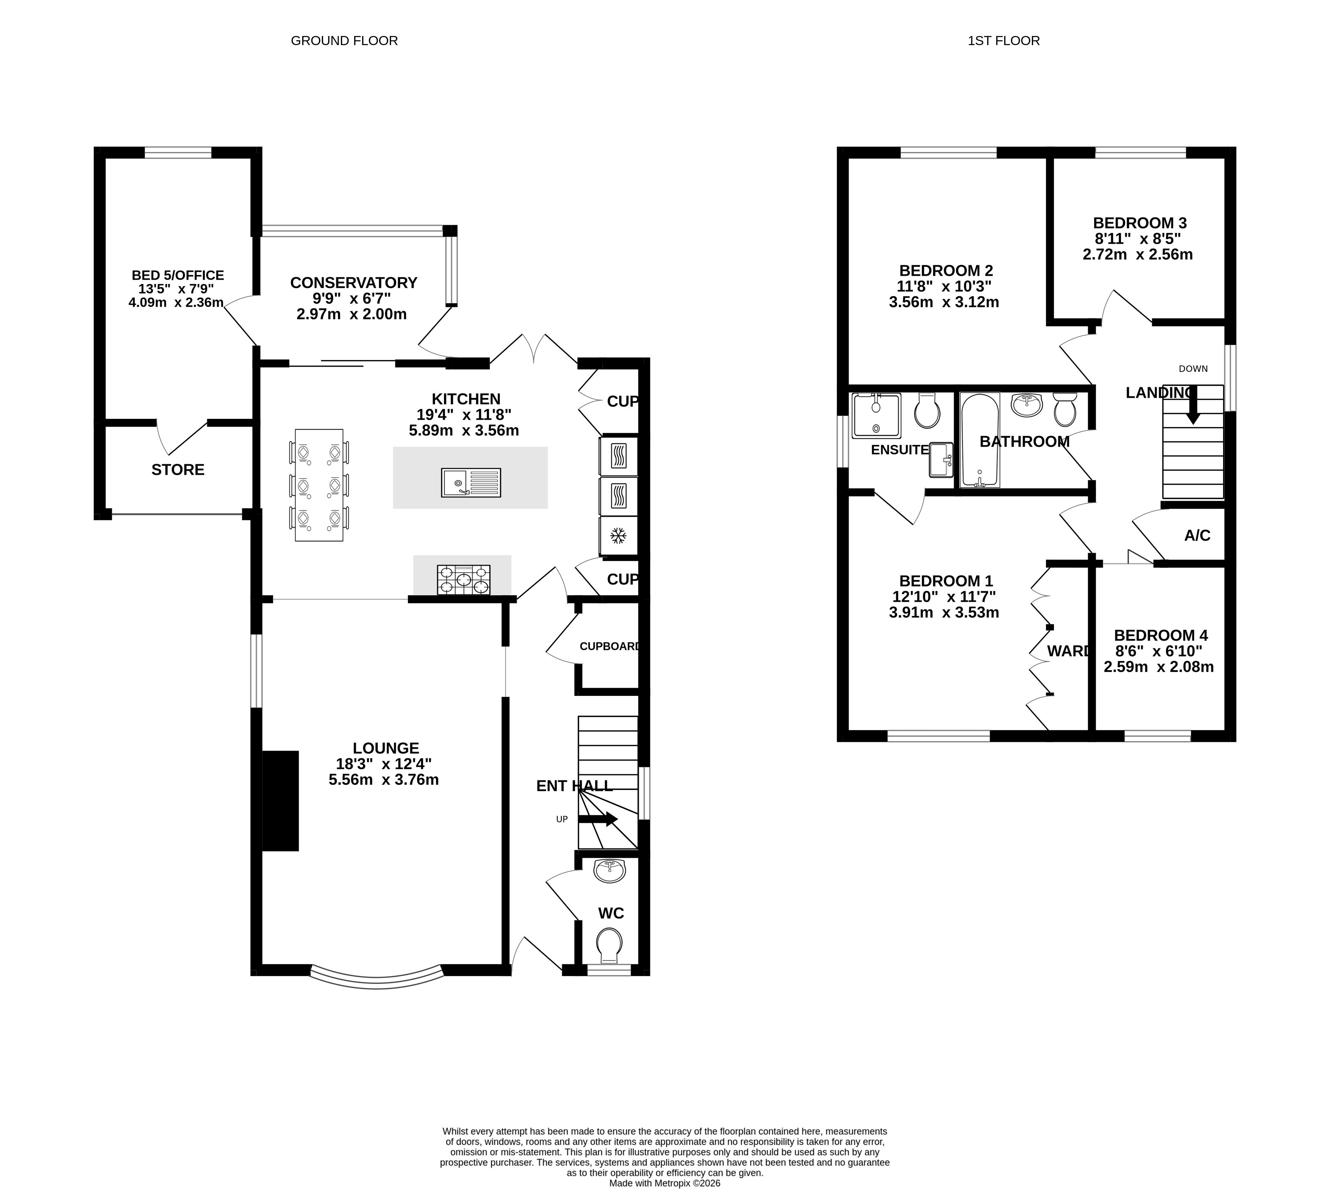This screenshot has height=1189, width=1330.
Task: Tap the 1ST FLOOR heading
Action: [1003, 41]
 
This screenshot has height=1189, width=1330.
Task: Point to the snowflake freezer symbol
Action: [618, 536]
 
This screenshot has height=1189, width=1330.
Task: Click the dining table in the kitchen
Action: [319, 485]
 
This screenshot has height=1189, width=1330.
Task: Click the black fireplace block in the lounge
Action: [280, 801]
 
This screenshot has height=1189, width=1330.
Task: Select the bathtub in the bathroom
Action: [979, 440]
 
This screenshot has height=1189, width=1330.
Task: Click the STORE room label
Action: [178, 470]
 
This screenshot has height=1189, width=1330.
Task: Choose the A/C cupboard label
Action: [1197, 536]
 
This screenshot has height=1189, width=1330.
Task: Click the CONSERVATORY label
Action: [353, 283]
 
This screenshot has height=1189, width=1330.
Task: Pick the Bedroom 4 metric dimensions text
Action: [1159, 667]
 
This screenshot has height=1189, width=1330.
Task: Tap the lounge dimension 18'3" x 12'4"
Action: [384, 764]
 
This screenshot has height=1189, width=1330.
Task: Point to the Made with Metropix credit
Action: [665, 1183]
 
